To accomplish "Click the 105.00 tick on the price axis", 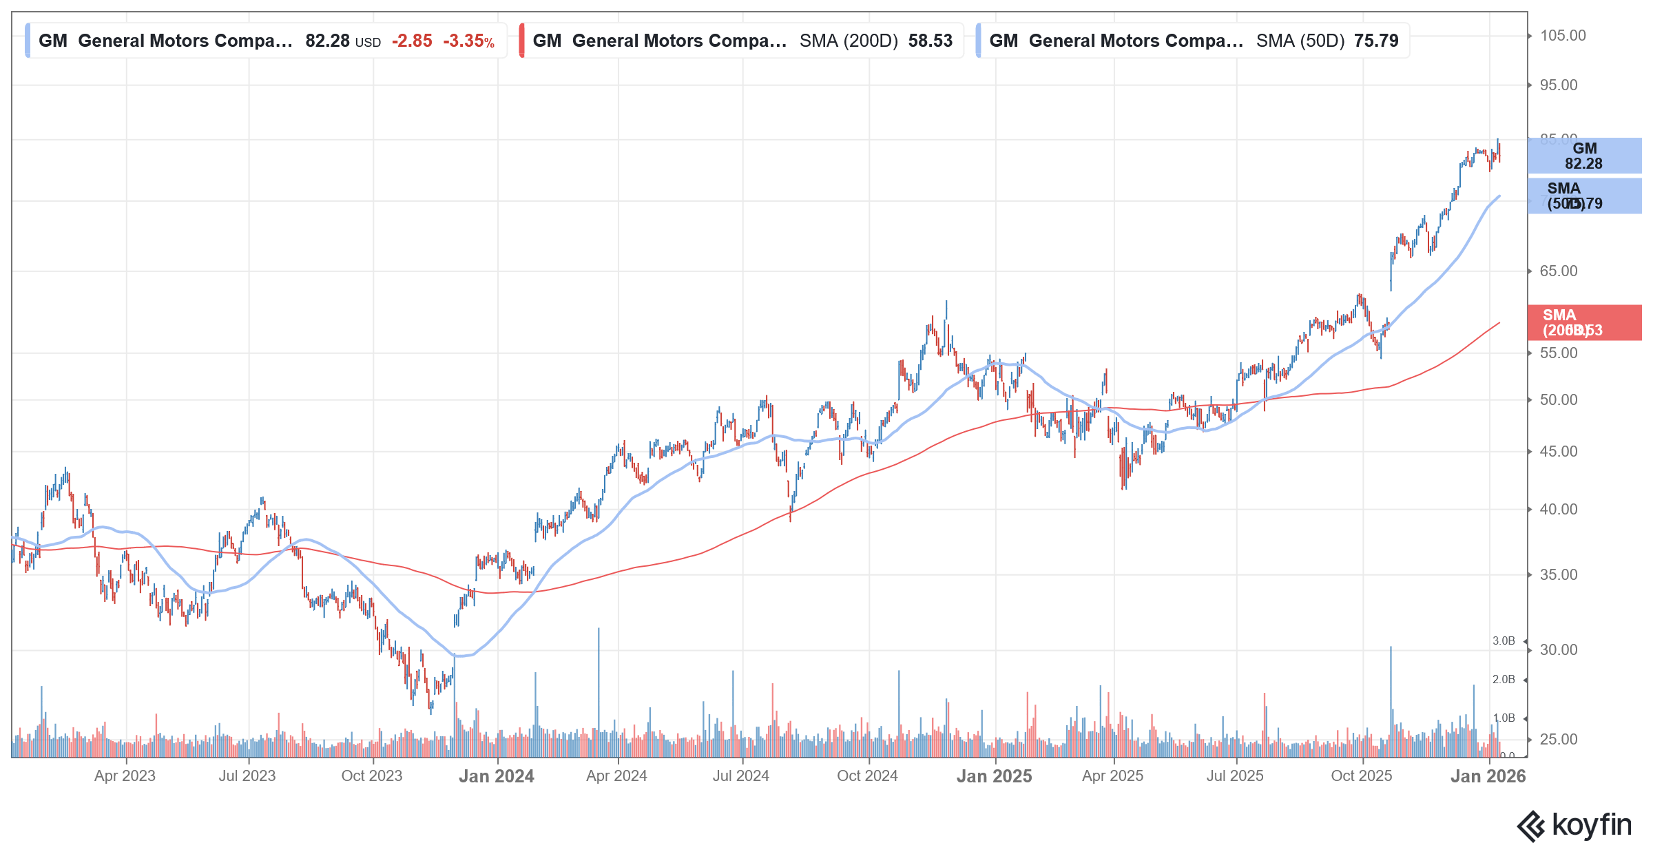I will [1562, 36].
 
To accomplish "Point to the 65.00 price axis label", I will [1558, 271].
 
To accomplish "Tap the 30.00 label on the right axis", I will [1558, 650].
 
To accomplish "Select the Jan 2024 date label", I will [496, 776].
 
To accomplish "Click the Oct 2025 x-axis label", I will [1361, 776].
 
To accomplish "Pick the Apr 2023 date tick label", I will [125, 776].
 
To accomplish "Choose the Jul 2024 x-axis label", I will [740, 776].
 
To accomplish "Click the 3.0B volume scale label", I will [1504, 641].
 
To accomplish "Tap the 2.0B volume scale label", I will [1504, 680].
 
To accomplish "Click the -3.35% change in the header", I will [468, 41].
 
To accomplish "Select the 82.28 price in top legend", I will [327, 41].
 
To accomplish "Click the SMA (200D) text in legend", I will [849, 41].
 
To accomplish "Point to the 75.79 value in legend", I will [1375, 41].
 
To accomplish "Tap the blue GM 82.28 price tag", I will [1583, 156].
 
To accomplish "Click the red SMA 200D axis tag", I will [1583, 323].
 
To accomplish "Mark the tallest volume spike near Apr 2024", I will [599, 689].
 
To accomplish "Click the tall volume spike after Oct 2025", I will [1391, 696].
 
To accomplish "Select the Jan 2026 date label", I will [1488, 776].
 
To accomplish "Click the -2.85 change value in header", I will [412, 41].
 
